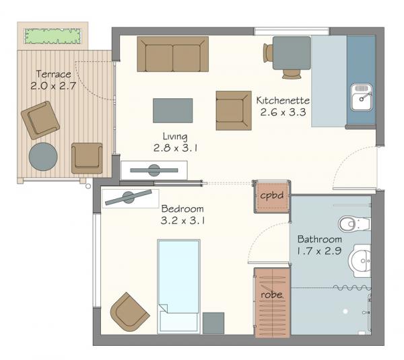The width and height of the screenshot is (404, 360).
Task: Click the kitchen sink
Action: point(361,98)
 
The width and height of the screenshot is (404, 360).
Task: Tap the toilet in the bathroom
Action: point(354,224)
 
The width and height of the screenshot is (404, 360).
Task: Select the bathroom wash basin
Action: point(360,260)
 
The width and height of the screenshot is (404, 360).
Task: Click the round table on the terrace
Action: point(43,157)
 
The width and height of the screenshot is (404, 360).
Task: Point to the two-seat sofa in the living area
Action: point(172,54)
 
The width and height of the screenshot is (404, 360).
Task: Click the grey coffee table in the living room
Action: point(172,110)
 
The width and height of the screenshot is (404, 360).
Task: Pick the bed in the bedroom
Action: point(178,286)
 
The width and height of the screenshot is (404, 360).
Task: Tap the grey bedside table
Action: point(213,323)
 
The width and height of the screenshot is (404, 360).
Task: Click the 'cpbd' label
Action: point(272,195)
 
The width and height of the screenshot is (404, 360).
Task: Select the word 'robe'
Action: point(271,295)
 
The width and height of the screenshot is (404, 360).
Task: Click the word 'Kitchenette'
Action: point(283,100)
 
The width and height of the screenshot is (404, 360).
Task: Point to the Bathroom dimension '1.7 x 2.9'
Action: point(319,251)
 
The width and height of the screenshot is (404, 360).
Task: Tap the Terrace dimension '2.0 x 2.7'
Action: point(53,85)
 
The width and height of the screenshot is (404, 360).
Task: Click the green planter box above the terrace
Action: point(53,36)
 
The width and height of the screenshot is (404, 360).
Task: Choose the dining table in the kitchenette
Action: point(292,53)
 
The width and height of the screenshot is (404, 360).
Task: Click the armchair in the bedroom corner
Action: point(129,312)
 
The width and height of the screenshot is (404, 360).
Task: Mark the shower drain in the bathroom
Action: point(345,312)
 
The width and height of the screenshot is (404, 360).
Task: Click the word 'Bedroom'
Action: point(182,209)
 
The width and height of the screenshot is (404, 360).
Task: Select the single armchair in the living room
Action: point(234,110)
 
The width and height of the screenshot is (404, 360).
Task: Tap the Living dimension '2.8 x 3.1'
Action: point(175,148)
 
